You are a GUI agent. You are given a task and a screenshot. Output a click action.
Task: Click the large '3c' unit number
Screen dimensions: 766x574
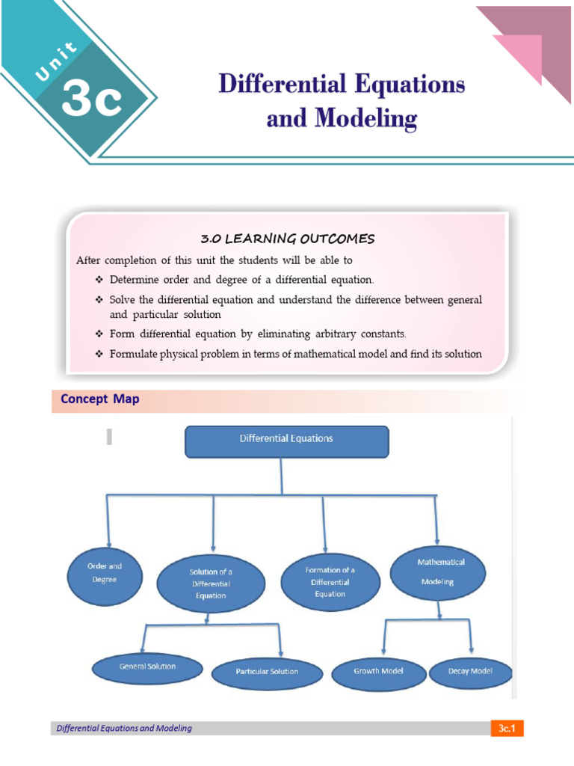pos(92,100)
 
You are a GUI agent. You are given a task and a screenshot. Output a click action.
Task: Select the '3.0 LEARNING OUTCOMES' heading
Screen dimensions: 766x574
pos(288,239)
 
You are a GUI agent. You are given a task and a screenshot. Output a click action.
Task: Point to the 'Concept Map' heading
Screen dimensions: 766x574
pos(100,399)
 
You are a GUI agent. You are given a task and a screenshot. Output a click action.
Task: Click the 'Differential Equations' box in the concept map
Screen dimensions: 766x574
pos(286,441)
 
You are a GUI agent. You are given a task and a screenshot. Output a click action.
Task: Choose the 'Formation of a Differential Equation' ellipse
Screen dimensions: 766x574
pos(330,581)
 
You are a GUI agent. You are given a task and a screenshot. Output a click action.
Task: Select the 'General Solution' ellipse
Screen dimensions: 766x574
pos(147,666)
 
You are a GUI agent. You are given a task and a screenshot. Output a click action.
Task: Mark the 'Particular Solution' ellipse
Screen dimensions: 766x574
pos(267,671)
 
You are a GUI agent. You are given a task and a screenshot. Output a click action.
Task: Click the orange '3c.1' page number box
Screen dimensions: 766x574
pos(507,728)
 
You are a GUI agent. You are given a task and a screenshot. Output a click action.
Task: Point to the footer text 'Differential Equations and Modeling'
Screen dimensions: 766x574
pos(125,728)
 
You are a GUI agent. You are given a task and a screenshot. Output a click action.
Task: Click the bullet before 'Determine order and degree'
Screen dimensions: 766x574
pos(99,280)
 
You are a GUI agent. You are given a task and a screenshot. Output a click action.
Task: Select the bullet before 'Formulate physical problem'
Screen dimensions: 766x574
pos(99,353)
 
